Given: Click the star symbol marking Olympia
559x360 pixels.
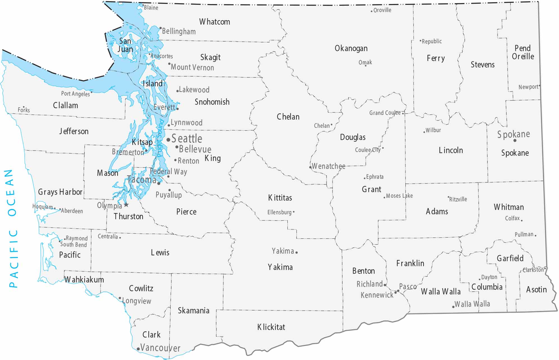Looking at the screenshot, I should pyautogui.click(x=126, y=205).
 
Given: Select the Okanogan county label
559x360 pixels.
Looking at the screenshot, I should pyautogui.click(x=351, y=49).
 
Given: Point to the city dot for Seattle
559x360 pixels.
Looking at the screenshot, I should pyautogui.click(x=168, y=140).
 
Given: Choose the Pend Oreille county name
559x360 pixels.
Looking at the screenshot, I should pyautogui.click(x=523, y=52).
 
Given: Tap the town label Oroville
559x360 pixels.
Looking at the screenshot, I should pyautogui.click(x=382, y=10).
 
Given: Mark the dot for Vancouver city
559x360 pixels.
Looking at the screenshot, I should pyautogui.click(x=138, y=349).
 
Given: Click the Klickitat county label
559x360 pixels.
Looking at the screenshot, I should pyautogui.click(x=271, y=327).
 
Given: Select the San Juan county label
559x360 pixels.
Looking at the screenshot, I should pyautogui.click(x=125, y=45).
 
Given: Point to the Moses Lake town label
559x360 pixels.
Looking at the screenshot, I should pyautogui.click(x=399, y=196).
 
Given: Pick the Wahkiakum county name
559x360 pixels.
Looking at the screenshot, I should pyautogui.click(x=84, y=280).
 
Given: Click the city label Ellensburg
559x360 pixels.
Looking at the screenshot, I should pyautogui.click(x=279, y=212).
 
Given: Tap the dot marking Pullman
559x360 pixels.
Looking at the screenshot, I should pyautogui.click(x=535, y=236).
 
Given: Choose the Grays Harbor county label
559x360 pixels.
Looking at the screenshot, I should pyautogui.click(x=60, y=192).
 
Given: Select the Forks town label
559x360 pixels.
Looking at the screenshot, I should pyautogui.click(x=24, y=110).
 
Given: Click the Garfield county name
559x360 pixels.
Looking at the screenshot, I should pyautogui.click(x=510, y=258).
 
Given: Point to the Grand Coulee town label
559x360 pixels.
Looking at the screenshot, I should pyautogui.click(x=385, y=113).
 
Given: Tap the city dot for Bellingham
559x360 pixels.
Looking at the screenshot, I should pyautogui.click(x=161, y=28).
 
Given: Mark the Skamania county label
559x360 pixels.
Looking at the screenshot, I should pyautogui.click(x=193, y=311).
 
